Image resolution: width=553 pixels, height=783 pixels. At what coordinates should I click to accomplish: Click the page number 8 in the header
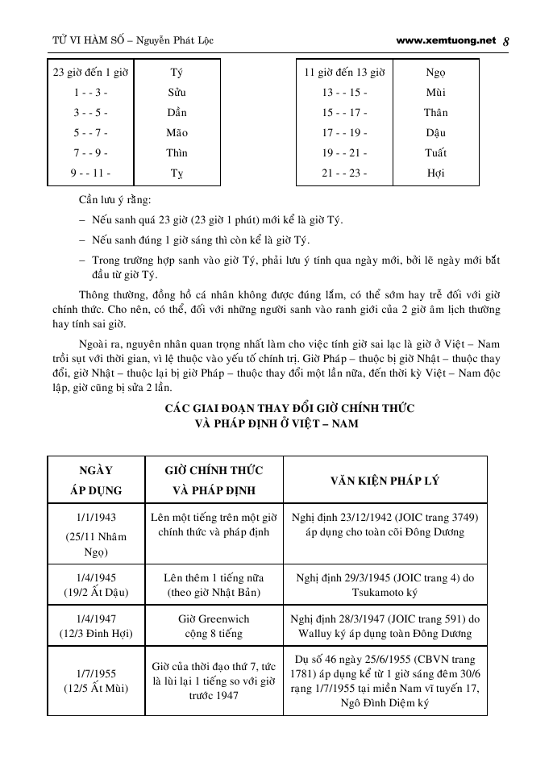pyautogui.click(x=505, y=41)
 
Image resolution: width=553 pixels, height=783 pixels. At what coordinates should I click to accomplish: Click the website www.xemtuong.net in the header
pyautogui.click(x=446, y=40)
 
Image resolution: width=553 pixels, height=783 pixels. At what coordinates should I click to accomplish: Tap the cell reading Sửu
pyautogui.click(x=177, y=93)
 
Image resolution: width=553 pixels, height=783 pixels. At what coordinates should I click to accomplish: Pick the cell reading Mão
pyautogui.click(x=177, y=133)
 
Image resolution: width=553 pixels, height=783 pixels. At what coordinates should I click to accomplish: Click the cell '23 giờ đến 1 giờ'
pyautogui.click(x=91, y=73)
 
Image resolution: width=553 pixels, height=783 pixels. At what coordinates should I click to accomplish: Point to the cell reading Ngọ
pyautogui.click(x=435, y=73)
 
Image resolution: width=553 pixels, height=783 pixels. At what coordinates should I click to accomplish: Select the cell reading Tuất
pyautogui.click(x=435, y=153)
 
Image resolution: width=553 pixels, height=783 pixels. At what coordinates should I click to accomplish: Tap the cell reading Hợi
pyautogui.click(x=435, y=173)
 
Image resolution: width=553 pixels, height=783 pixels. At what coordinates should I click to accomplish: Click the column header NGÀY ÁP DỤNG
pyautogui.click(x=96, y=480)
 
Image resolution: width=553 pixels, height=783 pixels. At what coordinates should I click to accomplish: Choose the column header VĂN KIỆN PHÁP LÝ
pyautogui.click(x=385, y=480)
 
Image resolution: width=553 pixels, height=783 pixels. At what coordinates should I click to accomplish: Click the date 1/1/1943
pyautogui.click(x=96, y=517)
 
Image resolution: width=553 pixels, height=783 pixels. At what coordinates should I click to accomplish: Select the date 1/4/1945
pyautogui.click(x=96, y=578)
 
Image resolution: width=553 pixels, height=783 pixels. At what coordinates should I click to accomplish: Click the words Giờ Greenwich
pyautogui.click(x=214, y=619)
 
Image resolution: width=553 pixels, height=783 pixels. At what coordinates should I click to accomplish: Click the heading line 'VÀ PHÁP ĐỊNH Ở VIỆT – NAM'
pyautogui.click(x=277, y=423)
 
